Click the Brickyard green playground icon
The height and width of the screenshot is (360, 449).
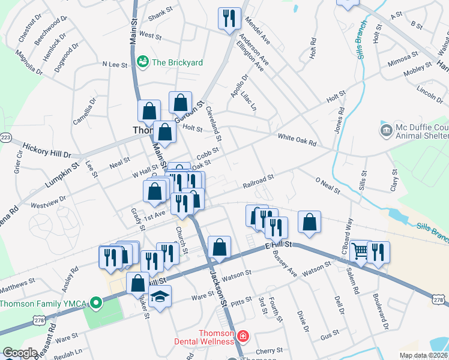point(143,61)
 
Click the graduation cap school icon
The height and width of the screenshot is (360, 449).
point(160,296)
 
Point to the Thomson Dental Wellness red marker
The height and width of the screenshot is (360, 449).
point(242,337)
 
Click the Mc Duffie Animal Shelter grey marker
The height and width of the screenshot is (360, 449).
point(385,129)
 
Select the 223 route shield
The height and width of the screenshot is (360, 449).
point(6,137)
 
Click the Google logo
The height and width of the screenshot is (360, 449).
point(20,353)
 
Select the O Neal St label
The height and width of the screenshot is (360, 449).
point(328,185)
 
